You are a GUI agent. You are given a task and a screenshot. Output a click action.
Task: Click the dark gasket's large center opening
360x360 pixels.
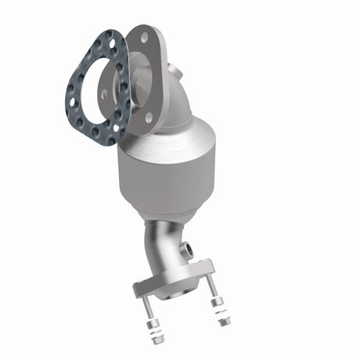coord(97,88)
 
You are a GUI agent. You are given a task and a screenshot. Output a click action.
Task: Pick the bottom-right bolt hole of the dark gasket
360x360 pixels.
coord(117,128)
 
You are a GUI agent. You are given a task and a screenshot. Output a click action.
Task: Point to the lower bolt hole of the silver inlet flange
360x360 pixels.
coord(149,117)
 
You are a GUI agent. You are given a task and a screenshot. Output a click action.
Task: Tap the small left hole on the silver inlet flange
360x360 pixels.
coord(105,93)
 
